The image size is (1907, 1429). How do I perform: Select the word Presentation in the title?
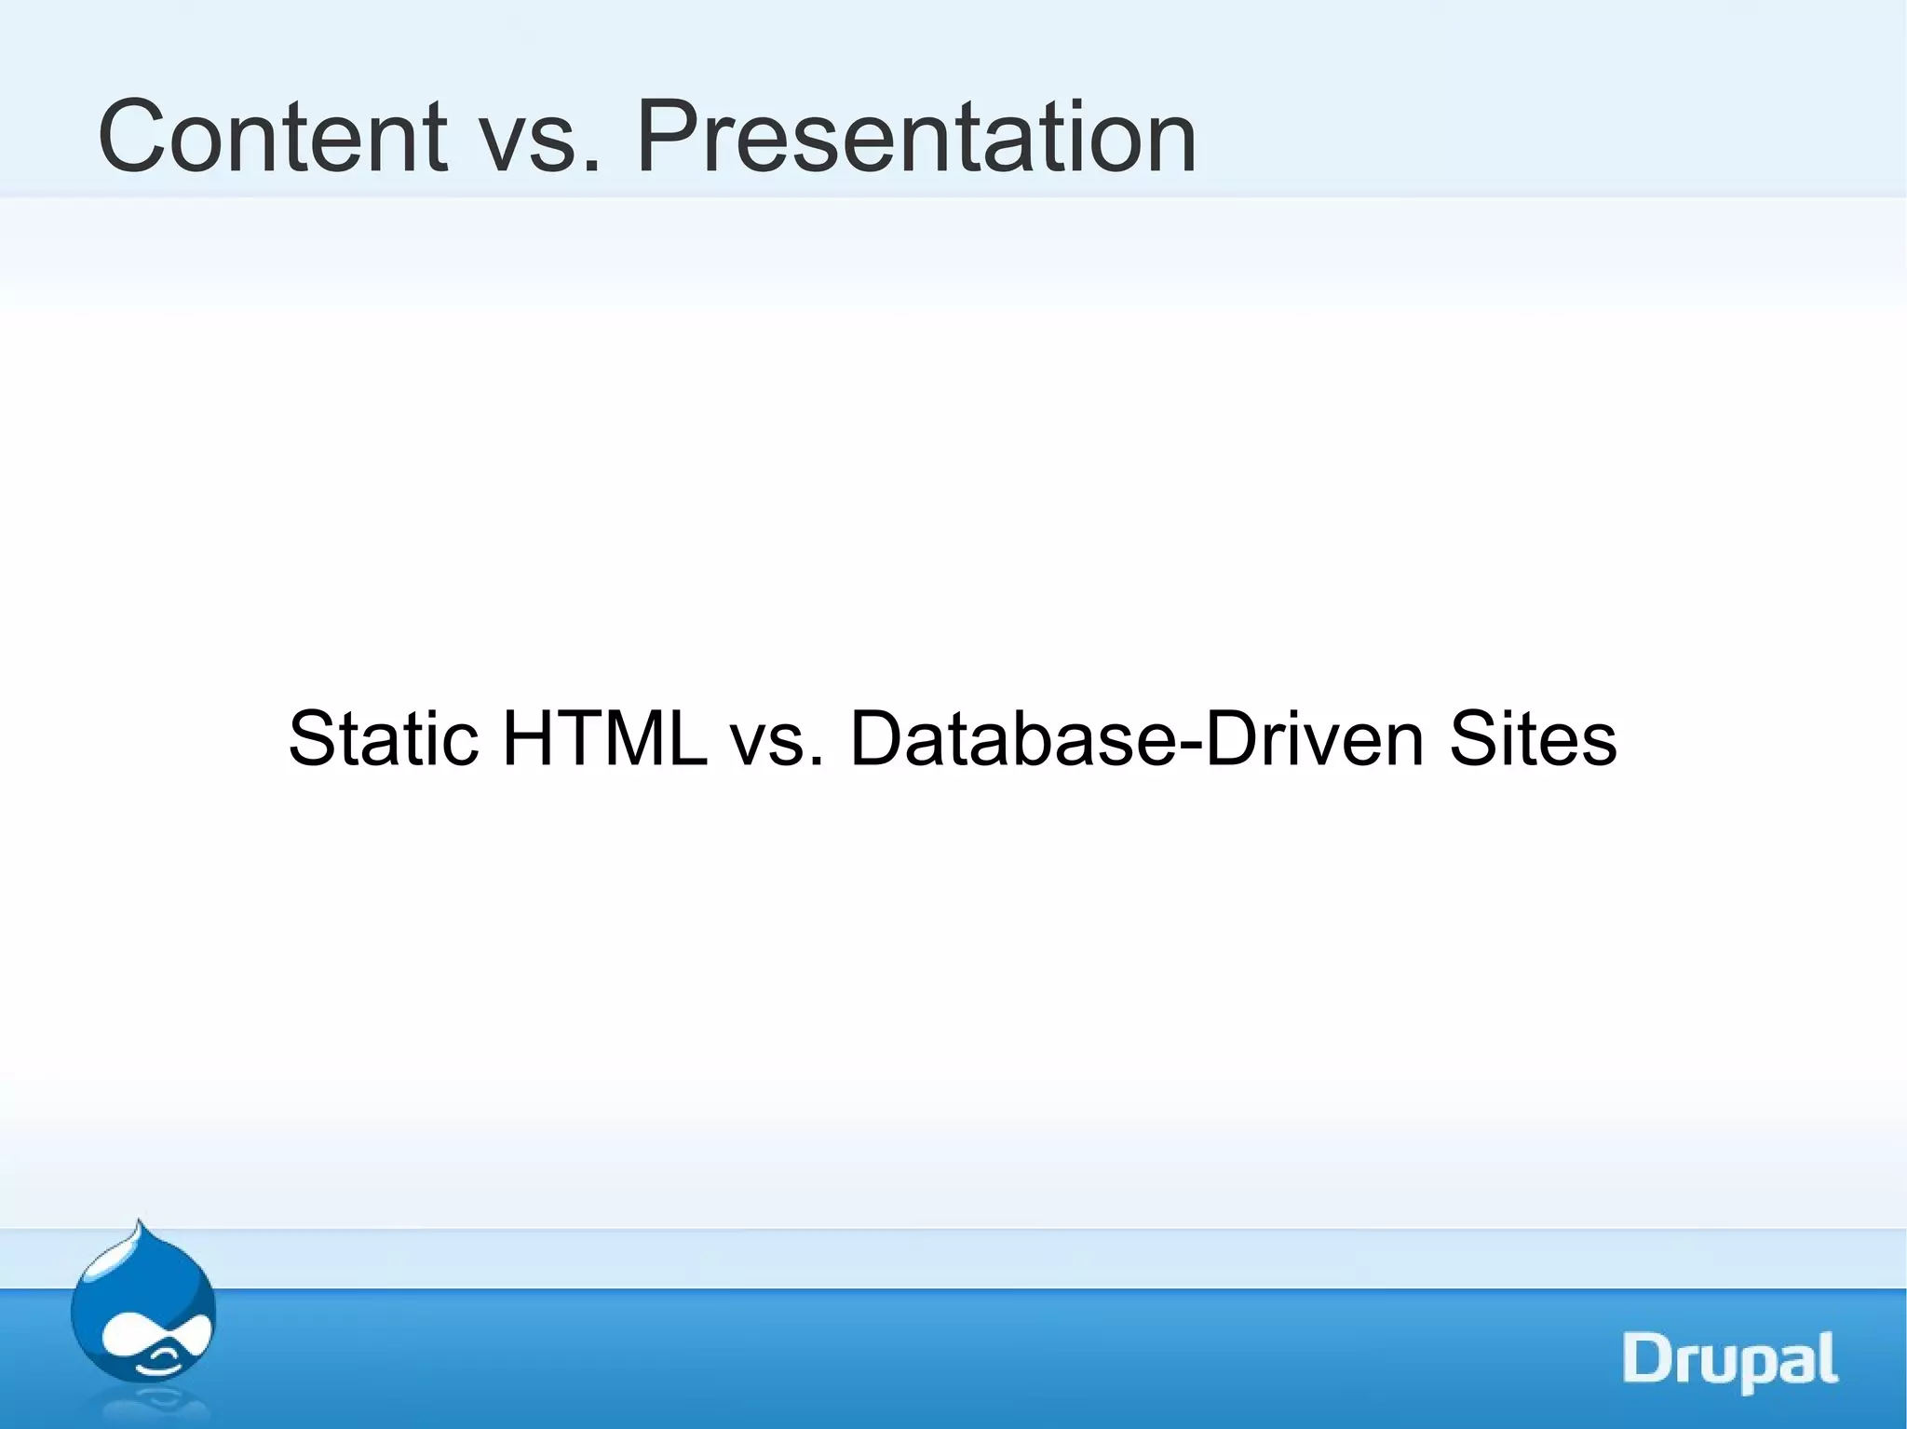pos(916,138)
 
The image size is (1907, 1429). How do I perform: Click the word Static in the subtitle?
pos(384,739)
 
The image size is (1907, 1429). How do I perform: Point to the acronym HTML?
pos(605,739)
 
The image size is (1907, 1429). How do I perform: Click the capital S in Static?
pos(312,739)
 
